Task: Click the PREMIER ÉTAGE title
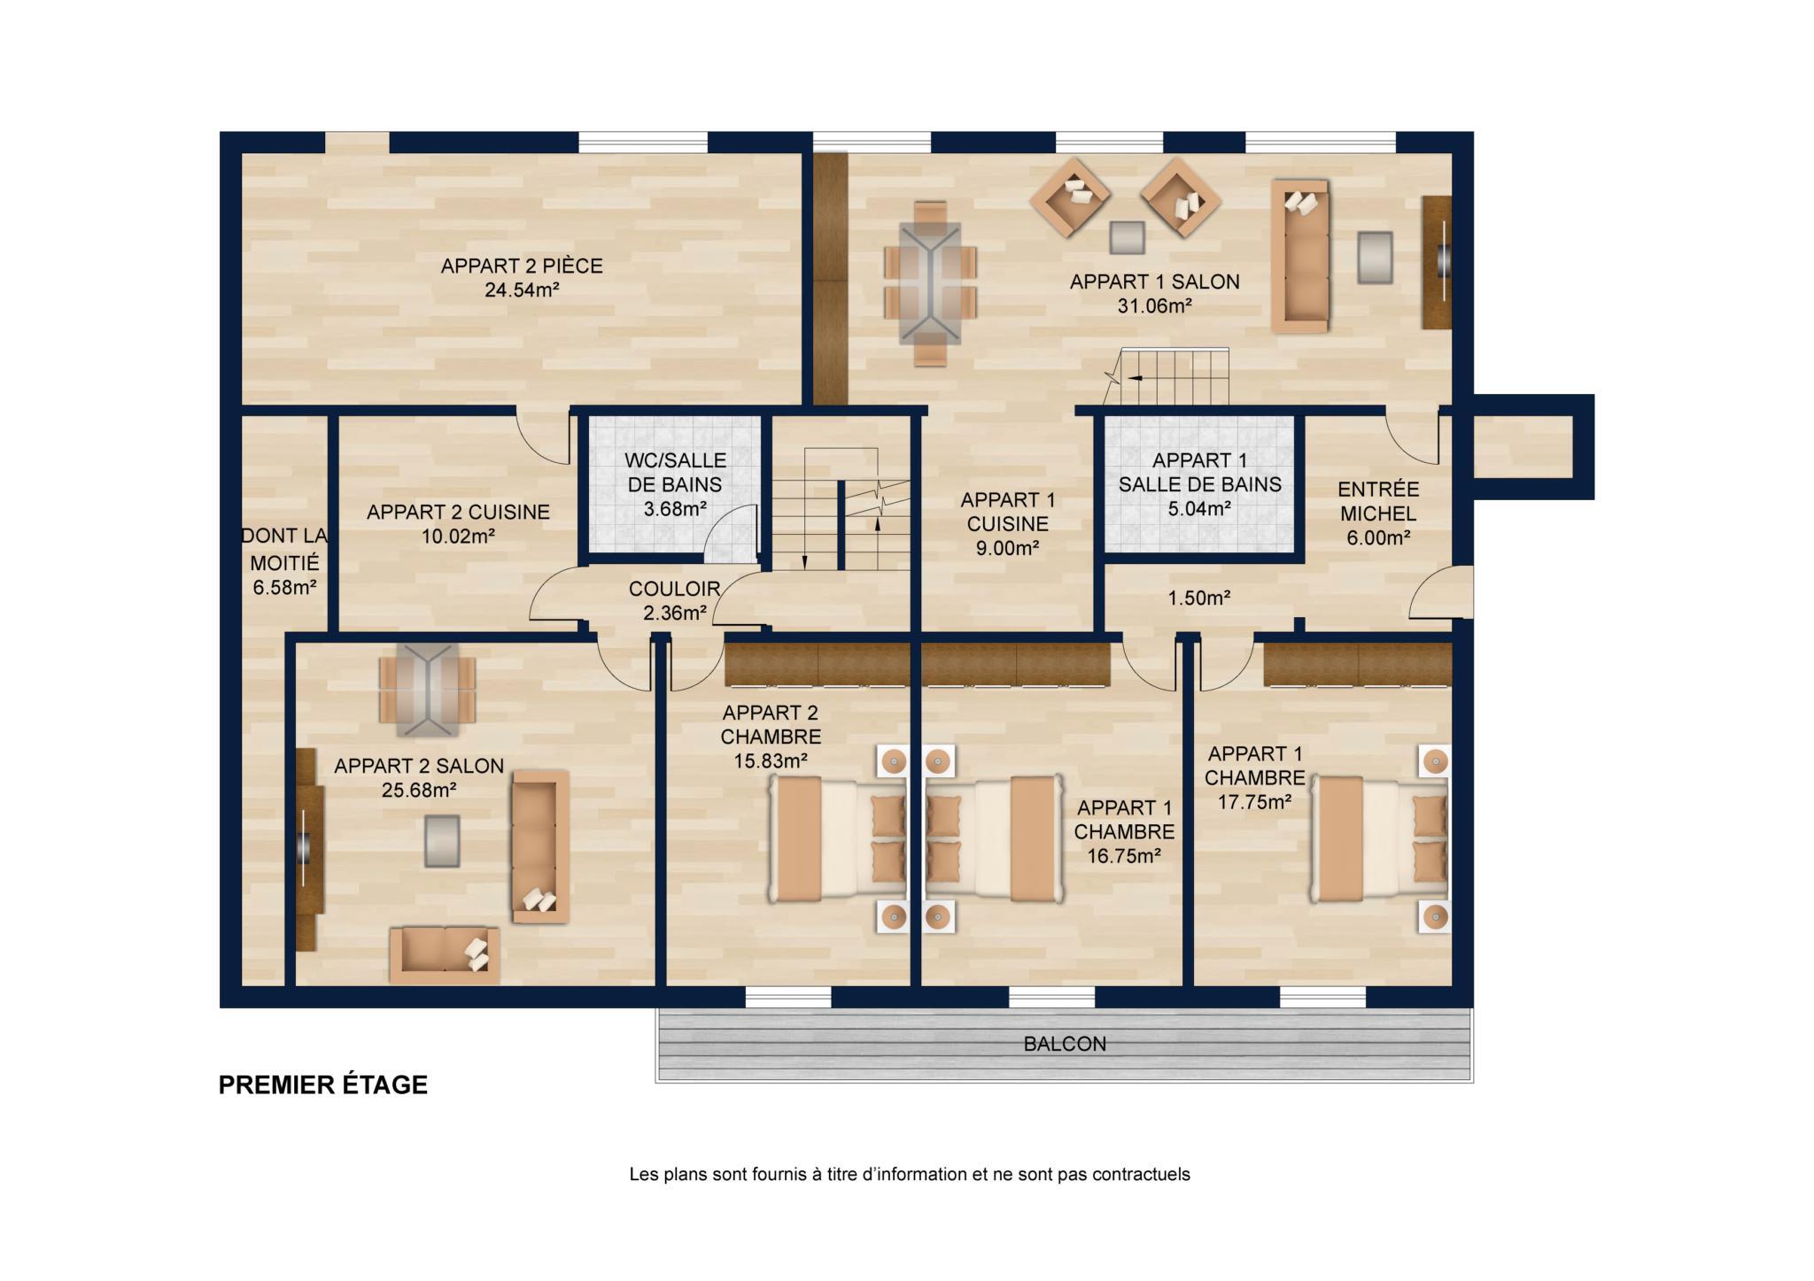coord(323,1085)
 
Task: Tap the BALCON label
coord(1065,1045)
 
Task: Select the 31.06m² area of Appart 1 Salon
coord(1154,306)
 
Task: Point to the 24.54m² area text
coord(522,290)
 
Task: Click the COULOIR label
coord(674,589)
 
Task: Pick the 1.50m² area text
coord(1199,598)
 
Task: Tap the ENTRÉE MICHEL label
coord(1378,501)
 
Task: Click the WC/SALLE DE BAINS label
coord(675,473)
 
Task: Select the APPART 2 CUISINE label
coord(458,513)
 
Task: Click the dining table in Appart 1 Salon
coord(930,282)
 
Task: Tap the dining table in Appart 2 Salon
coord(428,690)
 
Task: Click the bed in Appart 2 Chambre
coord(837,839)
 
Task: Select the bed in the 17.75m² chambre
coord(1379,839)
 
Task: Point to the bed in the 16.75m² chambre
coord(994,839)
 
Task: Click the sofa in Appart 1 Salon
coord(1300,256)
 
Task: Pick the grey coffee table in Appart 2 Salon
coord(442,841)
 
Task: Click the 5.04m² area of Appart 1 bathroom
coord(1199,509)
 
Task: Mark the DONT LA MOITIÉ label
coord(284,550)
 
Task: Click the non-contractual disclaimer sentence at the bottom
coord(910,1175)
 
